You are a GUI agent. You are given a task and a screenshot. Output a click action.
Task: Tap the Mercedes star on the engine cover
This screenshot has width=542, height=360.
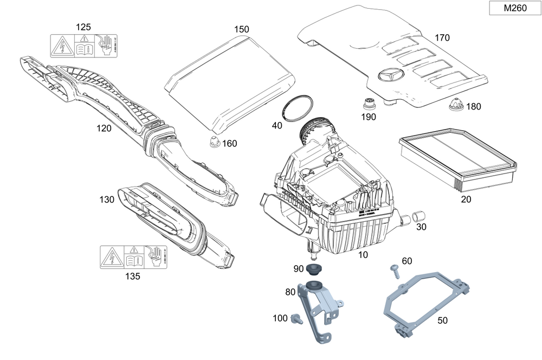click(x=391, y=78)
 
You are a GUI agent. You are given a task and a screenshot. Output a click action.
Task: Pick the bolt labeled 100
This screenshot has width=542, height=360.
click(x=296, y=318)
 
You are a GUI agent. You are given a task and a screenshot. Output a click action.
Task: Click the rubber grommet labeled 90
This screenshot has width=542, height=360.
click(x=313, y=268)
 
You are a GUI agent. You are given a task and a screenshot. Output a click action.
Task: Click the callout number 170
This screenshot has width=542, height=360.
click(x=442, y=38)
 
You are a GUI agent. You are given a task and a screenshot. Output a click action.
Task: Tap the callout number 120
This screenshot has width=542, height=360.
click(x=104, y=128)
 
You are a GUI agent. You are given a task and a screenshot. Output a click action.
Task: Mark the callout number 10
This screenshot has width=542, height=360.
click(x=363, y=254)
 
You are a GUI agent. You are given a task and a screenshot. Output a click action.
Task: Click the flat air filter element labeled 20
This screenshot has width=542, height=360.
click(x=457, y=157)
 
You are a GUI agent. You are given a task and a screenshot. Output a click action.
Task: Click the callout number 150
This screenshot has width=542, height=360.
click(x=242, y=29)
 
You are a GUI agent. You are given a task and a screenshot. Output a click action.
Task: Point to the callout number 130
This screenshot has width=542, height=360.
click(x=107, y=200)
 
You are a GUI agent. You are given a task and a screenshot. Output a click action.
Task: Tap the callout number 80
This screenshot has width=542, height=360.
click(x=290, y=292)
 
